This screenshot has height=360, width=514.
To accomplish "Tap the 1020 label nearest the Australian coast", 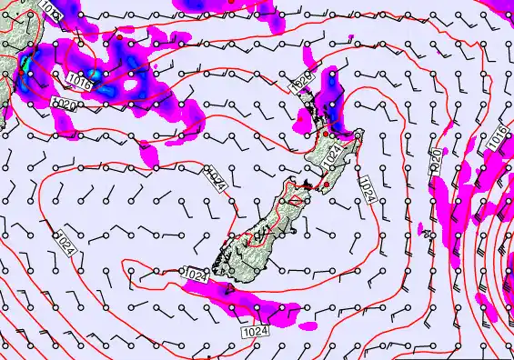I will pos(65,105).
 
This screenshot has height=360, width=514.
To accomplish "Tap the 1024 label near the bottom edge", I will pos(257,333).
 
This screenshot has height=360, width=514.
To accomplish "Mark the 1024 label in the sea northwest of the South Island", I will pos(214,179).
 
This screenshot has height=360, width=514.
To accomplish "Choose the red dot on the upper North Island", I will pos(325,134).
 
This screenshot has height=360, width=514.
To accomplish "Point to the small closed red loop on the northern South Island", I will pos(293,195).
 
